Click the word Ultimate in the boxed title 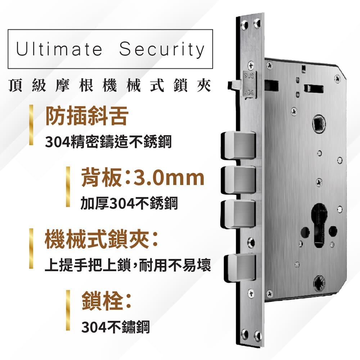click(59, 49)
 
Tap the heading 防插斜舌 click(87, 116)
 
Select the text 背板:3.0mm click(143, 177)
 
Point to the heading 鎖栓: click(107, 301)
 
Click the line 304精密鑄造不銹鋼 click(108, 142)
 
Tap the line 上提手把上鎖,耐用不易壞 click(128, 265)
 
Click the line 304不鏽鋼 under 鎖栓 click(116, 327)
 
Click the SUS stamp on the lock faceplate click(249, 75)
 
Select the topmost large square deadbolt click(238, 145)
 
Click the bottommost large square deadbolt click(240, 268)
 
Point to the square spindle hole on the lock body click(319, 124)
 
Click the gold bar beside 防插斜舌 click(31, 125)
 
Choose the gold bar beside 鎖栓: click(68, 310)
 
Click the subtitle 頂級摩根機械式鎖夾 click(110, 85)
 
